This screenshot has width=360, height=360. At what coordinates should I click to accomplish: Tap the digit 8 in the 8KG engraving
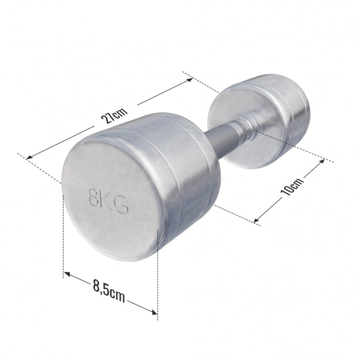pos(92,197)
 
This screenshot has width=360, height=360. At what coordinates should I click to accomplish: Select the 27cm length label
pos(114,117)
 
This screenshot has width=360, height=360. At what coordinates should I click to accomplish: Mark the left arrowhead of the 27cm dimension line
pos(29,158)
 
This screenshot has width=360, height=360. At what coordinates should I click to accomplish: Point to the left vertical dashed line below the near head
pos(64,233)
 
